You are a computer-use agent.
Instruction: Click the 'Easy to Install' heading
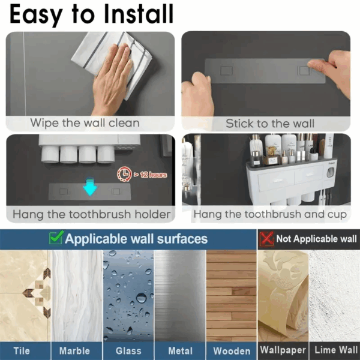pyautogui.click(x=91, y=14)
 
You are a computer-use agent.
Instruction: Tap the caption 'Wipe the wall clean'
pyautogui.click(x=85, y=124)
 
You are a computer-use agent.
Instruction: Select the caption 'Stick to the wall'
pyautogui.click(x=269, y=124)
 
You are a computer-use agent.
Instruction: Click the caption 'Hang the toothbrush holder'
pyautogui.click(x=92, y=214)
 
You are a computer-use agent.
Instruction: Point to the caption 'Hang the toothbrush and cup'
pyautogui.click(x=270, y=214)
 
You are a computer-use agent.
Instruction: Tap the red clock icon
pyautogui.click(x=123, y=175)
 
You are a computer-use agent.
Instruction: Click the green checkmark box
pyautogui.click(x=56, y=238)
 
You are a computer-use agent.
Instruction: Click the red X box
pyautogui.click(x=266, y=238)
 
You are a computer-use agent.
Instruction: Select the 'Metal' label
pyautogui.click(x=179, y=350)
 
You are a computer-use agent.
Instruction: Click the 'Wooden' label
pyautogui.click(x=231, y=350)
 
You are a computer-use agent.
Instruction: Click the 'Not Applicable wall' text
pyautogui.click(x=316, y=239)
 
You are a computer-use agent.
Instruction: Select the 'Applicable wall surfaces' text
pyautogui.click(x=136, y=239)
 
